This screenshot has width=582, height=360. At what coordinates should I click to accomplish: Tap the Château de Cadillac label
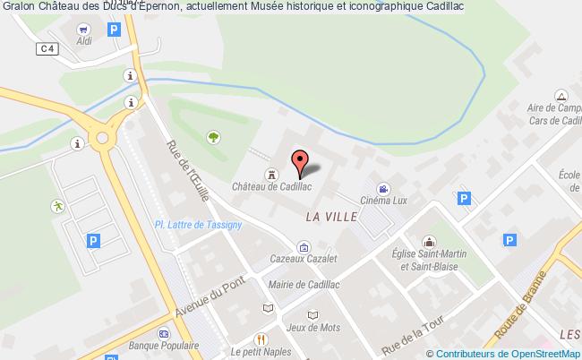tap(270, 188)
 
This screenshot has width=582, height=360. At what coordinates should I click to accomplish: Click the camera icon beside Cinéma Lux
tap(382, 189)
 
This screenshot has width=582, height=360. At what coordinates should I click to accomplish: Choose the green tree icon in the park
tap(213, 137)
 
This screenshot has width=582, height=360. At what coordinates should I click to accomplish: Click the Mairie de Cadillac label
tap(304, 285)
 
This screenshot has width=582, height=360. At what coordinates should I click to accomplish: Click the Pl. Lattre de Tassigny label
tap(199, 225)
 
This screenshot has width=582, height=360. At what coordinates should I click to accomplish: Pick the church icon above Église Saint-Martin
tap(430, 242)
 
